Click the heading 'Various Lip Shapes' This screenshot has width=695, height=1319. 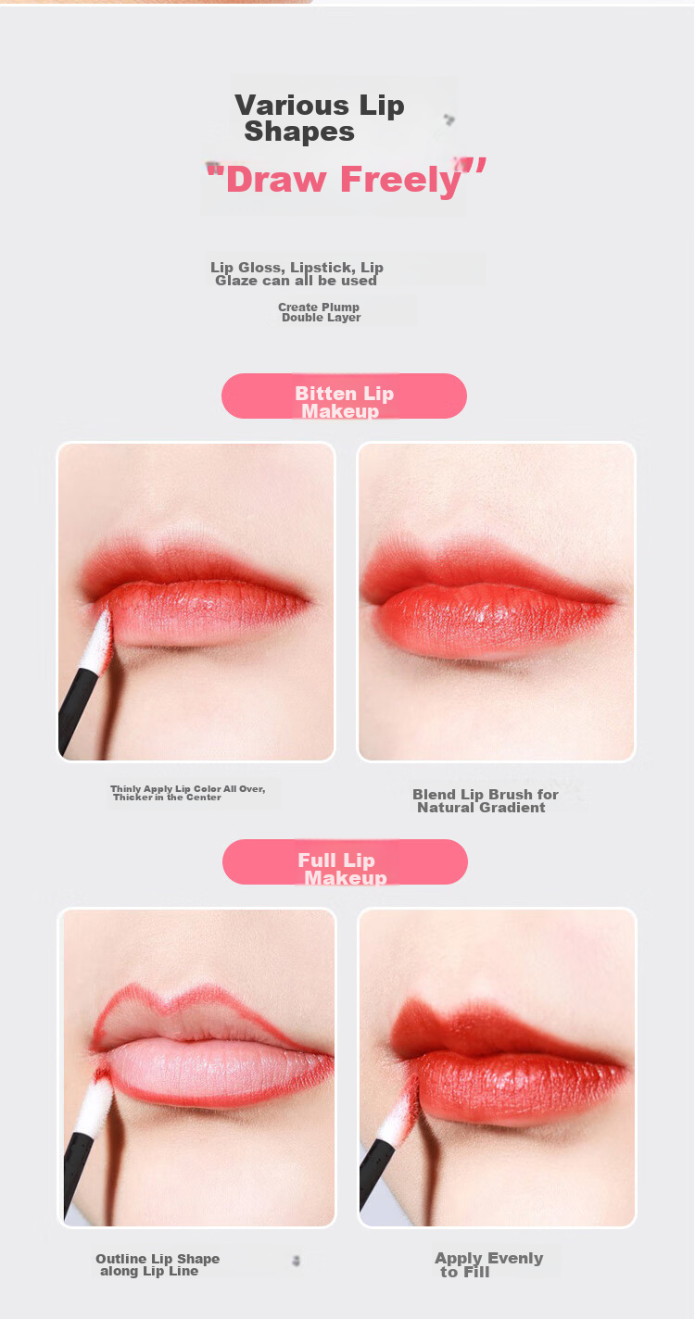point(319,118)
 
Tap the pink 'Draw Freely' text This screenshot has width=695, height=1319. point(346,179)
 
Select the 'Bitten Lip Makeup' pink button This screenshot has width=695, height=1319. point(344,396)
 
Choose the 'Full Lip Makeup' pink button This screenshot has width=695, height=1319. point(345,861)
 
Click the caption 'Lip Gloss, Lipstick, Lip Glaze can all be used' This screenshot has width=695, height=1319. point(297,274)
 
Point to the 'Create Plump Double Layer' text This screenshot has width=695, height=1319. point(319,312)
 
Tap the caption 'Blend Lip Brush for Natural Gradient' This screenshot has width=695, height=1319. point(486,801)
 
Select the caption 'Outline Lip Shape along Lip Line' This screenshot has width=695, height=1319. point(158,1265)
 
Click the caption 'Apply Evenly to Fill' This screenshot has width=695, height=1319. point(489,1265)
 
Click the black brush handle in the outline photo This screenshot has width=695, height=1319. point(77,1175)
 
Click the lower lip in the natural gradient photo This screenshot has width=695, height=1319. point(489,623)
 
